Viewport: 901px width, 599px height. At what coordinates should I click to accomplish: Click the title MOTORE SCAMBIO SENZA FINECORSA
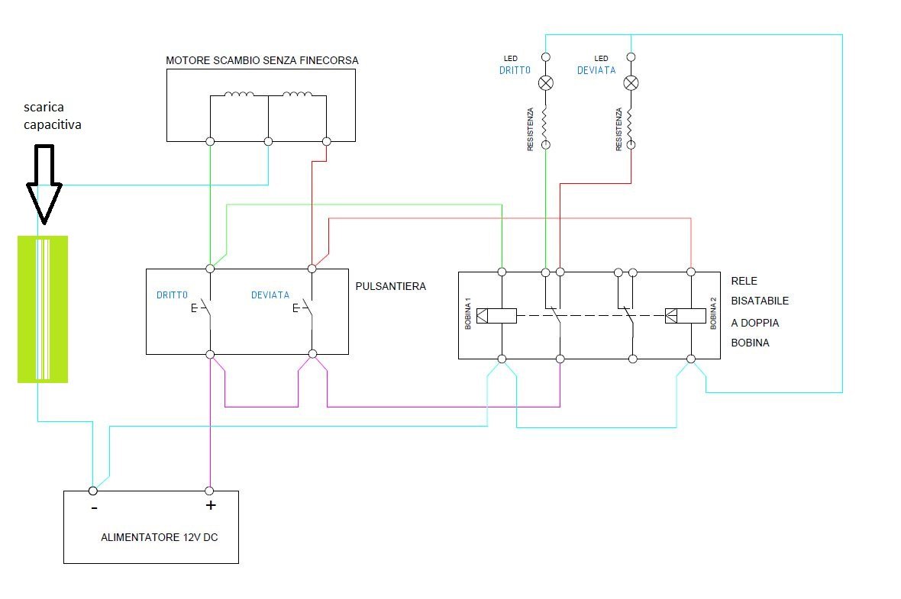[262, 60]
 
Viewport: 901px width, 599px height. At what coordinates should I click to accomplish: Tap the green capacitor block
[43, 308]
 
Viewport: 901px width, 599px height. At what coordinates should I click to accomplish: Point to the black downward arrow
[44, 183]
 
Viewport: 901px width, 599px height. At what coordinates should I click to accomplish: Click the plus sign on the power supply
[211, 505]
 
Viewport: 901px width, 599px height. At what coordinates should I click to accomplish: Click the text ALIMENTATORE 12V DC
[159, 537]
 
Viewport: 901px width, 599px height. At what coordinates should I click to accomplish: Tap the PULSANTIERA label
[390, 286]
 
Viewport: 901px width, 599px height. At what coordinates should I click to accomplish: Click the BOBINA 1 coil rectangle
[496, 315]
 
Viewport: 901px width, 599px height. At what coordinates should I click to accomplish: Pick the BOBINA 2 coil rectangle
[685, 315]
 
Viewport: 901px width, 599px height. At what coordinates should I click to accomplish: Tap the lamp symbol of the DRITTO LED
[546, 82]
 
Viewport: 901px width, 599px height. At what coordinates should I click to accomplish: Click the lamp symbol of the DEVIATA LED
[631, 82]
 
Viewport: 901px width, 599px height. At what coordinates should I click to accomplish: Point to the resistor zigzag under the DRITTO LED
[546, 120]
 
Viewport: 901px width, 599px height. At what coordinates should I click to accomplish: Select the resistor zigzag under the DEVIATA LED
[631, 120]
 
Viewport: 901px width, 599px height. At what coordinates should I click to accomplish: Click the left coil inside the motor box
[240, 95]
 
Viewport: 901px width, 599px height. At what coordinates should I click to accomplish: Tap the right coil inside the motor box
[297, 95]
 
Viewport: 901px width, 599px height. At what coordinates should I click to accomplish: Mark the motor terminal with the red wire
[327, 141]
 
